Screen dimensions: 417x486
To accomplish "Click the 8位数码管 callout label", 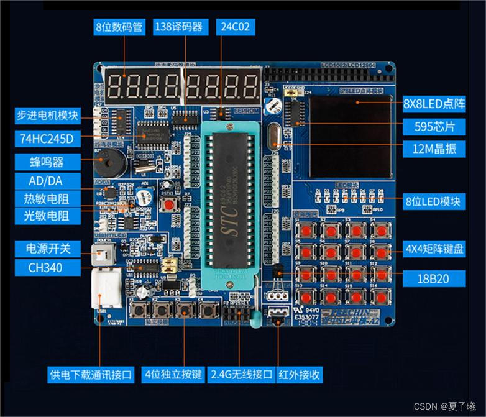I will (119, 27).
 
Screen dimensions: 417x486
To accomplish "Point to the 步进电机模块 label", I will (47, 116).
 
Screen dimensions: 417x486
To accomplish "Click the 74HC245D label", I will (47, 139).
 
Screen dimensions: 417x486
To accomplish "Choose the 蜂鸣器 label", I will (47, 162).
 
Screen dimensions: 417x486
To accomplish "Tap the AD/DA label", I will (47, 181).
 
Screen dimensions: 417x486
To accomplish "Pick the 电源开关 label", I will (47, 249).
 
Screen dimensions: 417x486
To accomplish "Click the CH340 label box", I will (47, 269).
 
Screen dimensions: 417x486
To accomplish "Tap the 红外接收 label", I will (300, 375).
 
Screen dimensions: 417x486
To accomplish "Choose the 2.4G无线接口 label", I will (241, 375).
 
